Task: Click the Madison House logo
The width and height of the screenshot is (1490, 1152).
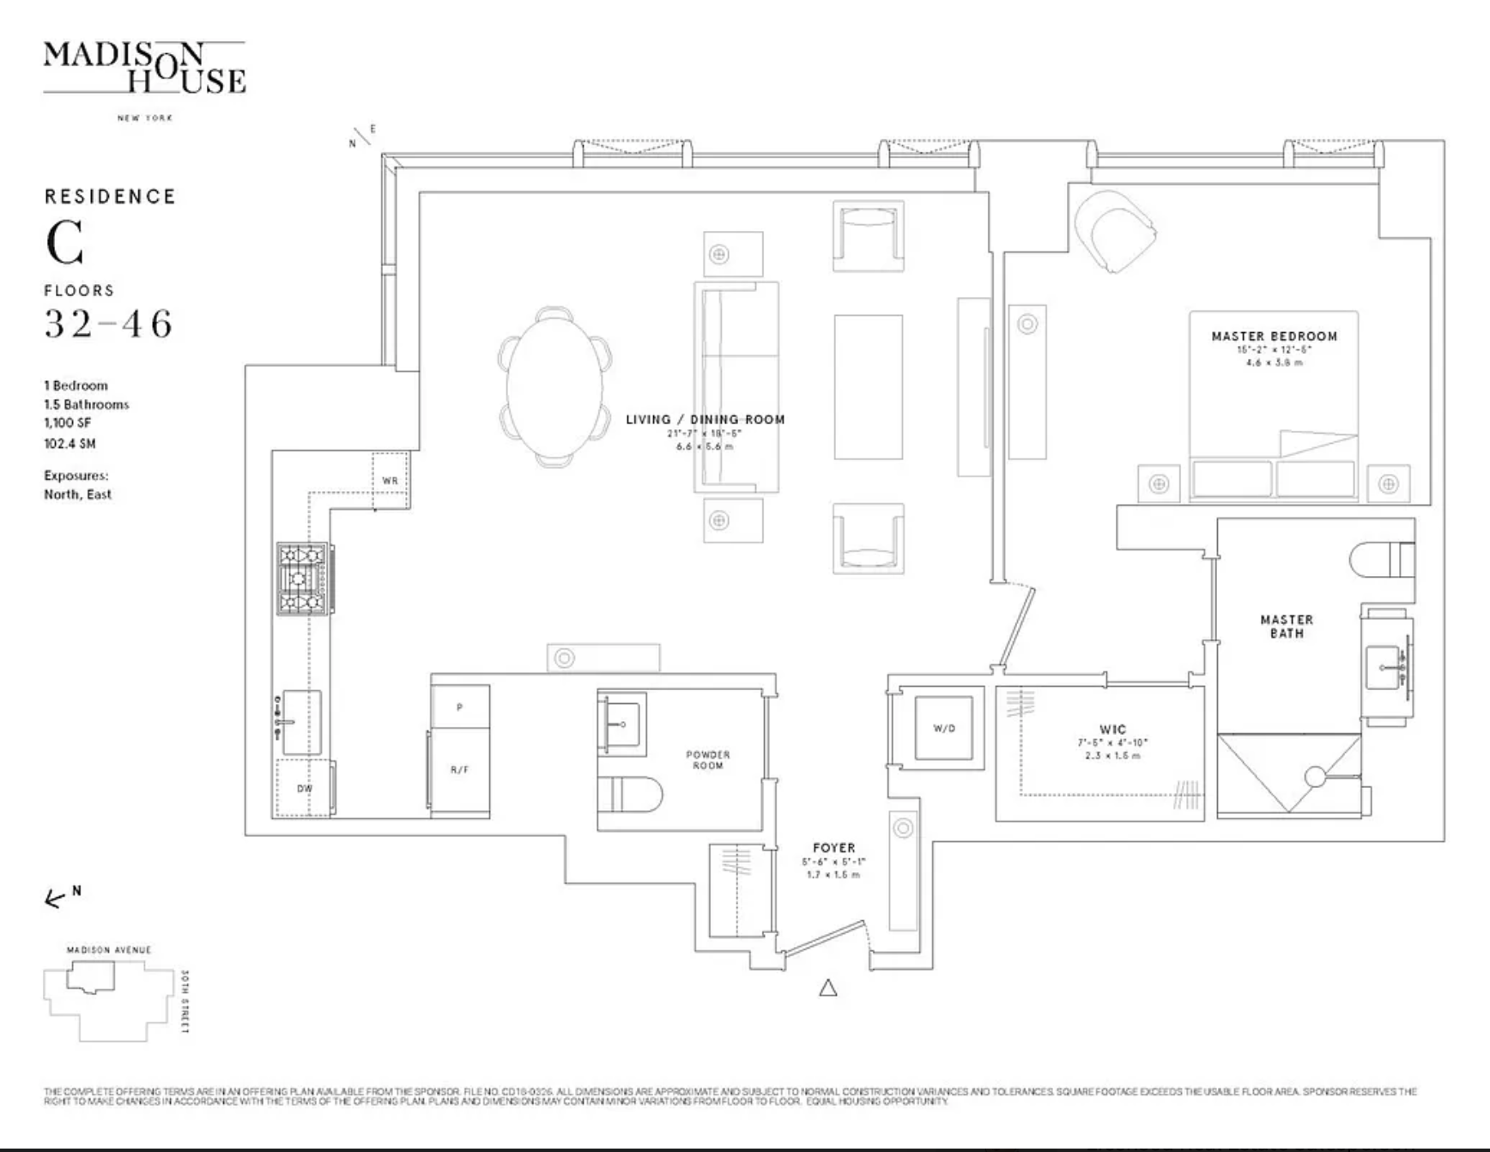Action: point(144,69)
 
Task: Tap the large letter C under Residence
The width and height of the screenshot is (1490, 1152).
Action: point(65,243)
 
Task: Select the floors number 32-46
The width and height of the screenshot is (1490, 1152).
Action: point(109,324)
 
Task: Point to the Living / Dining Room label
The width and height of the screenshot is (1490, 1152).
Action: point(705,420)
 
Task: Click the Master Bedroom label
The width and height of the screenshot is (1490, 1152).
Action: point(1274,337)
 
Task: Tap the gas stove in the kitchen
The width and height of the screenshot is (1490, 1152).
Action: point(304,579)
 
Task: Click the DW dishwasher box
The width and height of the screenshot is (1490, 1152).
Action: point(304,788)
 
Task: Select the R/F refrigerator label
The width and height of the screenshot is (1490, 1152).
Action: point(459,770)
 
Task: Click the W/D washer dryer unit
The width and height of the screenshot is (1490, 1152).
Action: point(943,729)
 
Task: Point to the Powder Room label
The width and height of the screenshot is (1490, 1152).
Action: point(707,760)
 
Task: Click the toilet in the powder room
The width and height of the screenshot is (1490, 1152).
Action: point(631,795)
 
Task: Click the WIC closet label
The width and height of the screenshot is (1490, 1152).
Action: point(1112,730)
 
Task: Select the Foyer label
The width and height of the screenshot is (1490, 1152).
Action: point(833,848)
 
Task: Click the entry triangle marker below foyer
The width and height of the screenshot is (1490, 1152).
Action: point(827,988)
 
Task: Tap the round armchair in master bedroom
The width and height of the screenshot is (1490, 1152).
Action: point(1112,229)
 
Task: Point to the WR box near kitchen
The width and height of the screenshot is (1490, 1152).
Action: point(390,481)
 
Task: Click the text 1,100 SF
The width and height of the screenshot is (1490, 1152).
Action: point(67,423)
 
